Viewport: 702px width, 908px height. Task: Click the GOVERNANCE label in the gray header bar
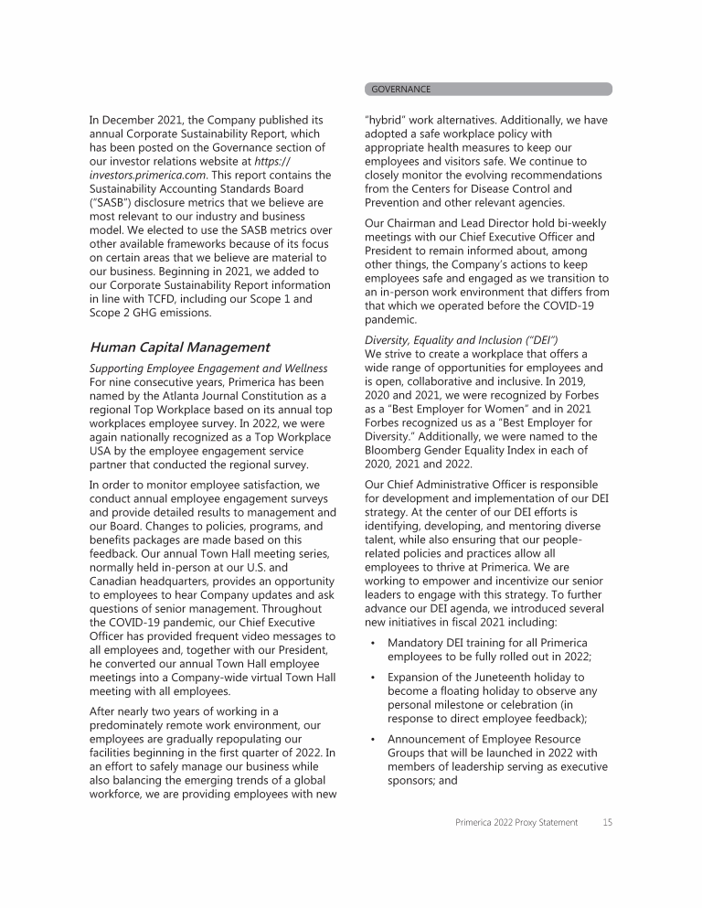coord(400,90)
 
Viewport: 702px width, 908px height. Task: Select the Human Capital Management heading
coord(179,347)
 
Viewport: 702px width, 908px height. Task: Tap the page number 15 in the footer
coord(607,823)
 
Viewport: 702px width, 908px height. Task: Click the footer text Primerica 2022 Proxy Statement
coord(516,823)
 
